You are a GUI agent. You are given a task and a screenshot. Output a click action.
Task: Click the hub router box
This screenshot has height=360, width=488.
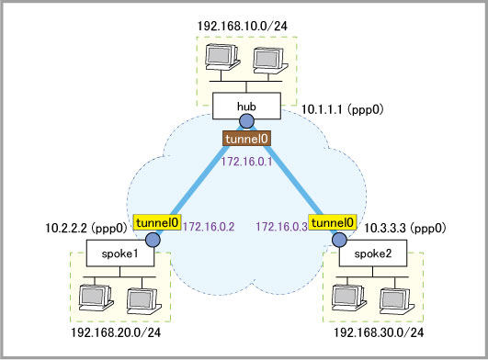coord(246,106)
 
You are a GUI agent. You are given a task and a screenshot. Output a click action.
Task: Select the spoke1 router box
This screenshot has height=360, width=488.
coord(120,253)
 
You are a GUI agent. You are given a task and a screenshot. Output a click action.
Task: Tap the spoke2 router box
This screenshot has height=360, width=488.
coord(373,253)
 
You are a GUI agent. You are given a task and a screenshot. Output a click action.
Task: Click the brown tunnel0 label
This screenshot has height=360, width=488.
coord(247,139)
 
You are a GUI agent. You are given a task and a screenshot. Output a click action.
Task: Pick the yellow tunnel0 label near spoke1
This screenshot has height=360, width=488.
coord(157,222)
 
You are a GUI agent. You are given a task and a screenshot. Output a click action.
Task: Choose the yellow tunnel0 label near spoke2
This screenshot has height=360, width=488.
coord(333,222)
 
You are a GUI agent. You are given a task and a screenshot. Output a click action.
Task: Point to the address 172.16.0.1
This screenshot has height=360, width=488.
coord(247,162)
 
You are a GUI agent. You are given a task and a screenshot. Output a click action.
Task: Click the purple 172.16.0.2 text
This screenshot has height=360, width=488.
coord(209,227)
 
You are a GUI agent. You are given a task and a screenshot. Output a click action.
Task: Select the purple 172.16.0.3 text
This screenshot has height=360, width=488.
coord(281,227)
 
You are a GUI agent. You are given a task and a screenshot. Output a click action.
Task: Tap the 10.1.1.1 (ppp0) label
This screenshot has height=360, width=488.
coord(343,109)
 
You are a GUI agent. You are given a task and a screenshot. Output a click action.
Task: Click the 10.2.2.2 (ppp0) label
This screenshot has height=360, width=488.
coord(86,229)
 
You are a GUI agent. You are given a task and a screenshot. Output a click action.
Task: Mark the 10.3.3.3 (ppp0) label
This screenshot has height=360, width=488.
coord(405,229)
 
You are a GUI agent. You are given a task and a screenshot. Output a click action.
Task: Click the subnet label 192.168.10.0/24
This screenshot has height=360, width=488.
coord(243,26)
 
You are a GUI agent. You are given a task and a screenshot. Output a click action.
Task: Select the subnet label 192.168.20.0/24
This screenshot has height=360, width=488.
coord(116,333)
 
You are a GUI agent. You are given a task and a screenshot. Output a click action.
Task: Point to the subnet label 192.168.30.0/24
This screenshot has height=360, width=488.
coord(379,333)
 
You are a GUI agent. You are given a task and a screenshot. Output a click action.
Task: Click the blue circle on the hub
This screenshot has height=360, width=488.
coord(247,120)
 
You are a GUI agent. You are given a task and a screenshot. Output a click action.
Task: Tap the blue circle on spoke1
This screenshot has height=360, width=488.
coord(153,240)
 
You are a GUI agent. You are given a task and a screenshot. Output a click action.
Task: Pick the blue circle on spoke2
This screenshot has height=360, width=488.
coord(339,240)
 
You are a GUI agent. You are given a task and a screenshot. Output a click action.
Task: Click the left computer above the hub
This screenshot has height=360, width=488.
coord(222,57)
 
